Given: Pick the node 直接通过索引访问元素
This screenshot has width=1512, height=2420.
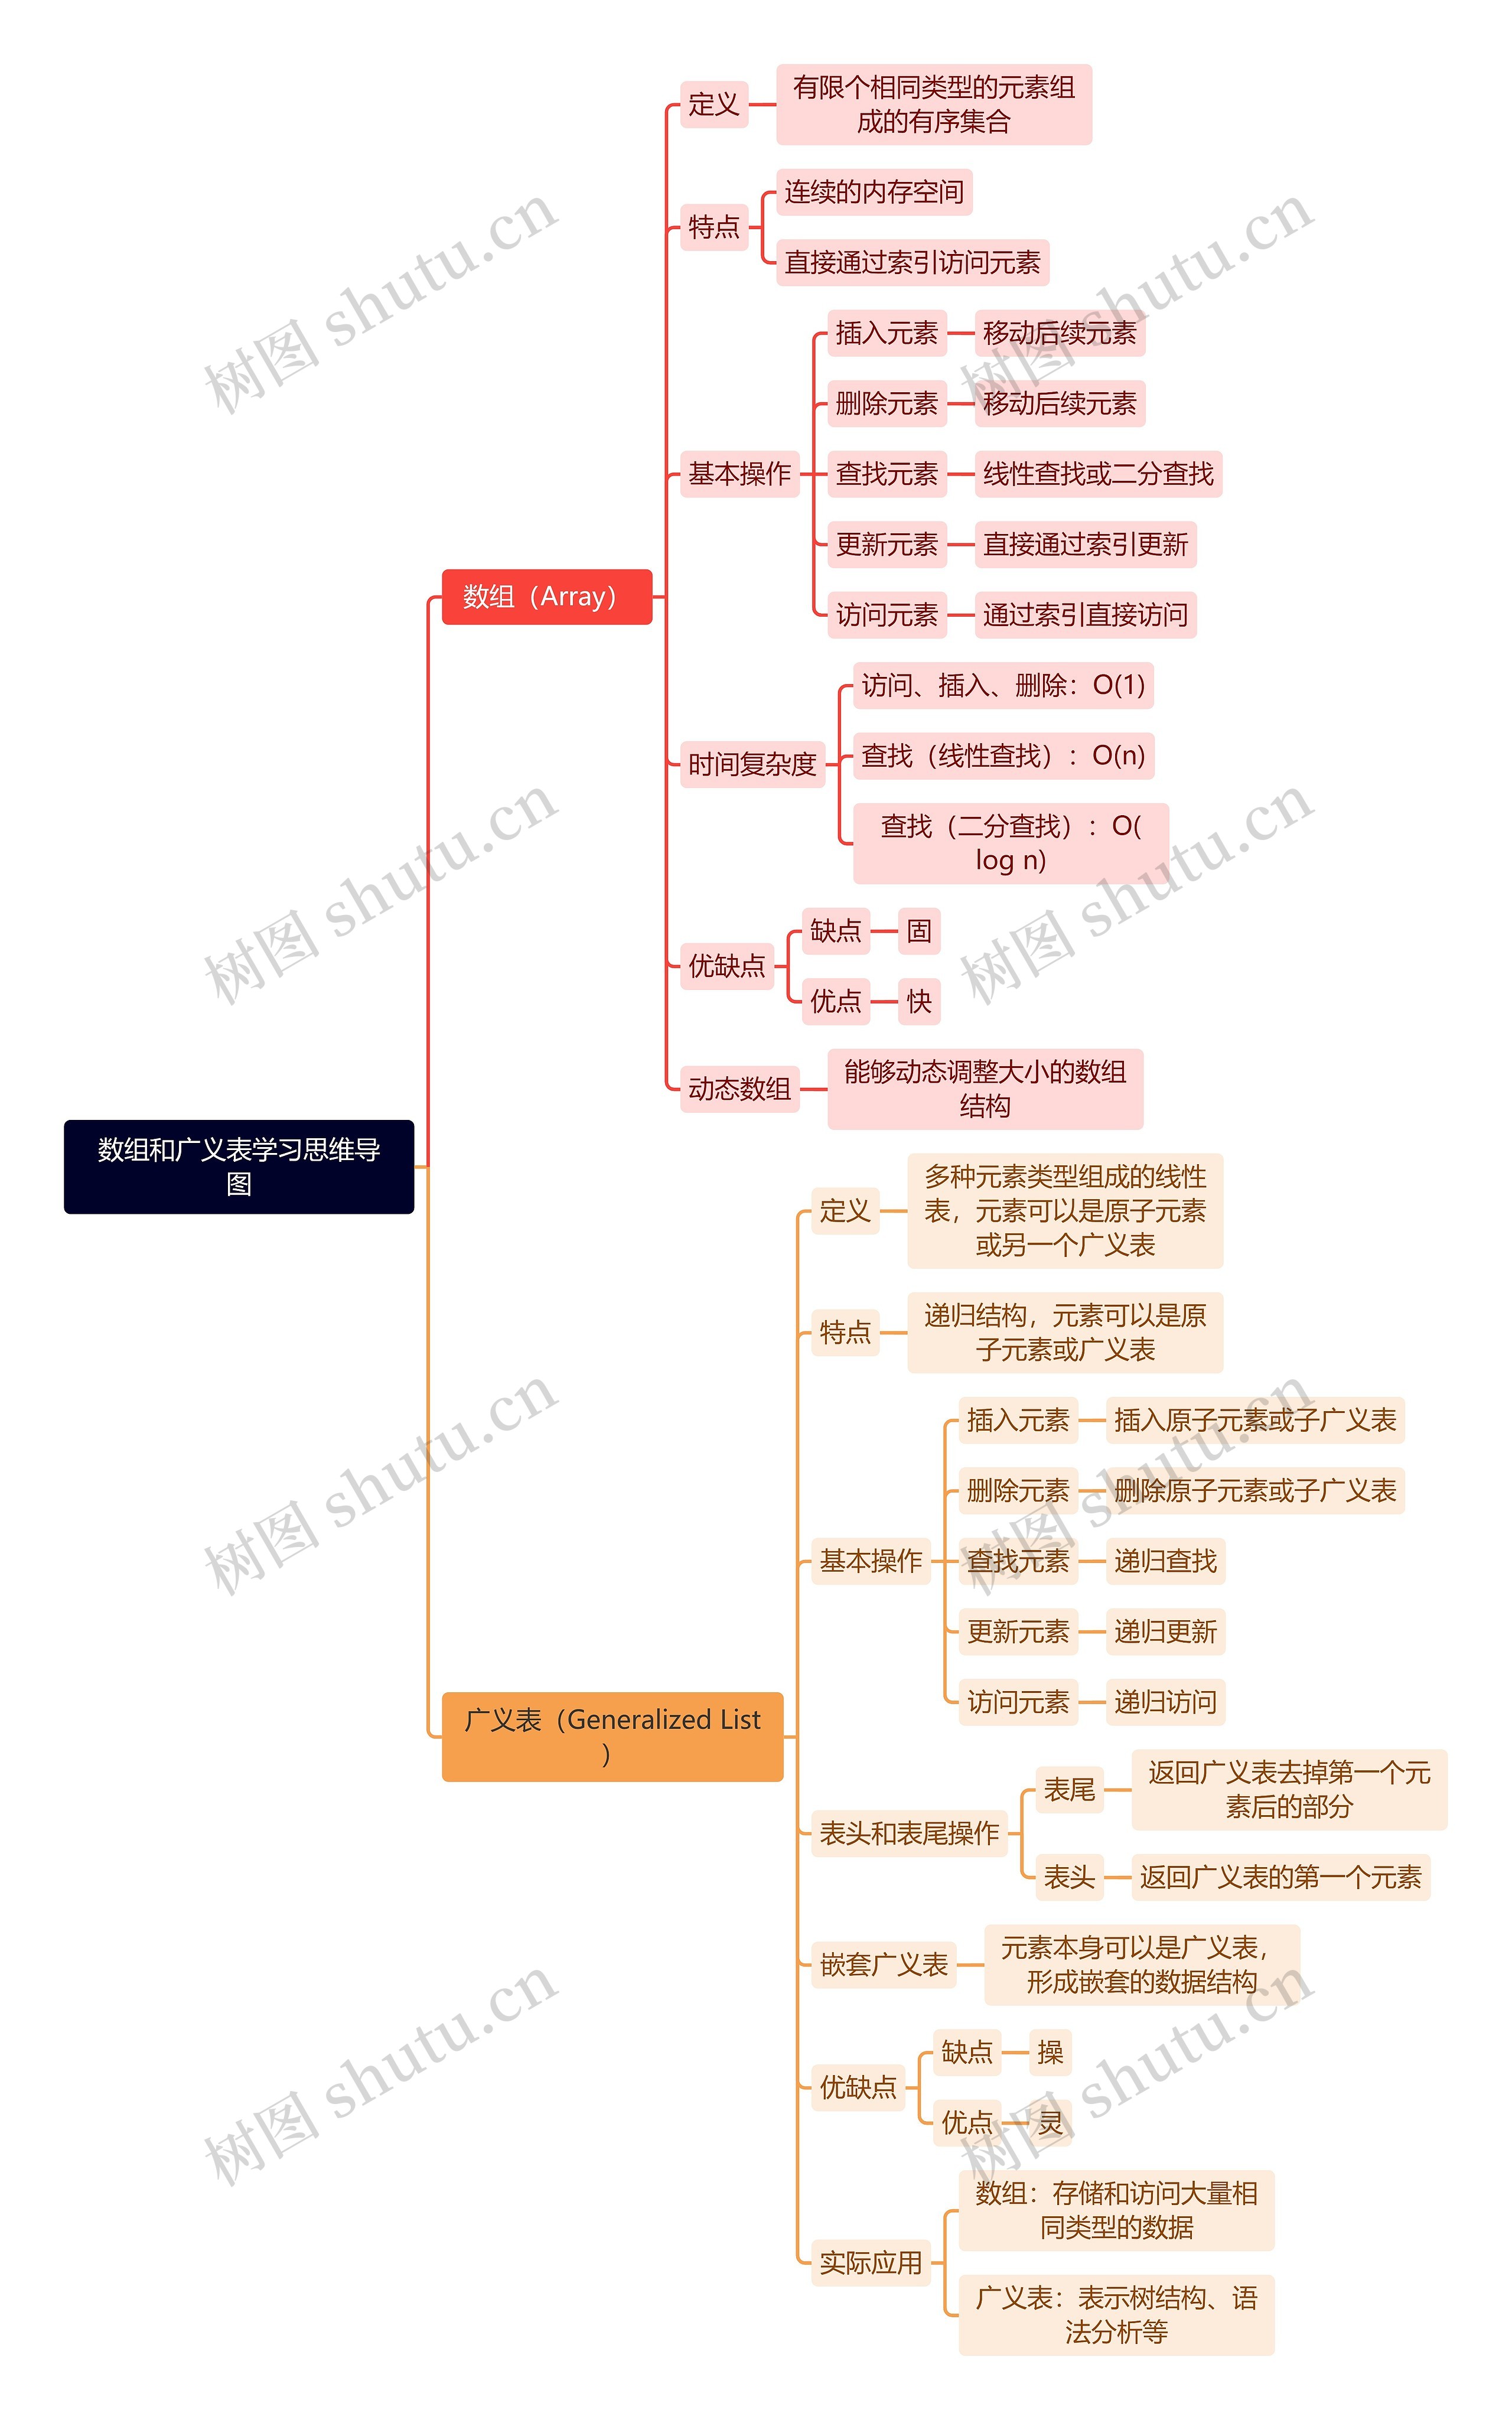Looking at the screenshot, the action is coord(912,263).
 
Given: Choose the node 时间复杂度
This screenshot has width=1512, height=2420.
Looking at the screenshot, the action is coord(752,765).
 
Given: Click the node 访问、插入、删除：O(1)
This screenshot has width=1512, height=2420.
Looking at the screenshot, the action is coord(1003,686).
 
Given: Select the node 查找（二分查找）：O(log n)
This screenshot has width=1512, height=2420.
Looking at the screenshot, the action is coord(1010,843).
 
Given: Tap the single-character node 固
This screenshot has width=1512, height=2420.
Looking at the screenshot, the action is coord(918,931).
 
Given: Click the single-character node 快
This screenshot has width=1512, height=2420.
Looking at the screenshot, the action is coord(918,1001).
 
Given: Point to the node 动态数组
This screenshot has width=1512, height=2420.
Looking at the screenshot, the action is coord(739,1089).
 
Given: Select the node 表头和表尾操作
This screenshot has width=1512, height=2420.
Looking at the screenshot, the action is coord(909,1833).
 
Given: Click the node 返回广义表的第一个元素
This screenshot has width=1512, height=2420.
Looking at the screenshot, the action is coord(1280,1877).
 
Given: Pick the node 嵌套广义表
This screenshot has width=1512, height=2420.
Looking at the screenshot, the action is coord(883,1965).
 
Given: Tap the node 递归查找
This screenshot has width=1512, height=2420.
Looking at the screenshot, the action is coord(1165,1561).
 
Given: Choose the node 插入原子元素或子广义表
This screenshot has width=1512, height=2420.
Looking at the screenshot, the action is coord(1254,1420).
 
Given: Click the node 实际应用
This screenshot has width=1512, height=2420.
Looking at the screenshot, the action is coord(870,2262).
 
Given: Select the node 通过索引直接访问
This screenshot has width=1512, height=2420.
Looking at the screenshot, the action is coord(1085,615).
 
